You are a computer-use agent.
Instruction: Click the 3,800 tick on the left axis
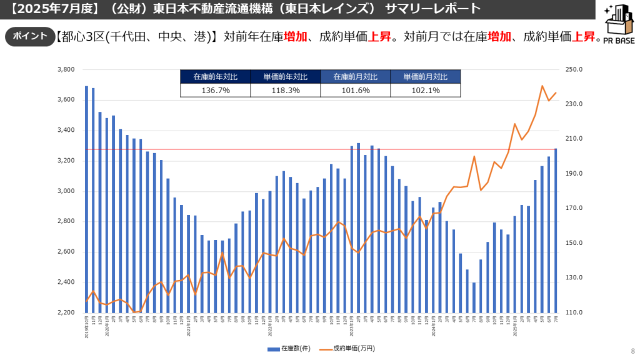click(x=66, y=69)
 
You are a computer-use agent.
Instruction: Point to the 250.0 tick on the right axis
click(x=573, y=69)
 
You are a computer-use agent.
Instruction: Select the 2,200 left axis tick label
click(x=66, y=312)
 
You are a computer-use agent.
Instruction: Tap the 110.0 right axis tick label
click(x=573, y=312)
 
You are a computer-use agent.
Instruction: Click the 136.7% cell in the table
click(x=215, y=91)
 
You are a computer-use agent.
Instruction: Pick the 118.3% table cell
click(x=285, y=91)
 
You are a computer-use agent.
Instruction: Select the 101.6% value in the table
click(x=355, y=91)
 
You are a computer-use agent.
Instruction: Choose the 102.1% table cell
click(x=425, y=91)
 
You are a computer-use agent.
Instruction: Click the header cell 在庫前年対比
click(x=215, y=77)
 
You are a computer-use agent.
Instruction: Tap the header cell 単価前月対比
click(x=425, y=77)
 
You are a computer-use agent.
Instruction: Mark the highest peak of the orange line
click(x=542, y=86)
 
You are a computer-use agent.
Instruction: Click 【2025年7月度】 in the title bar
click(x=44, y=9)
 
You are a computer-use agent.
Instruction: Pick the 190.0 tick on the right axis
click(x=573, y=174)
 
